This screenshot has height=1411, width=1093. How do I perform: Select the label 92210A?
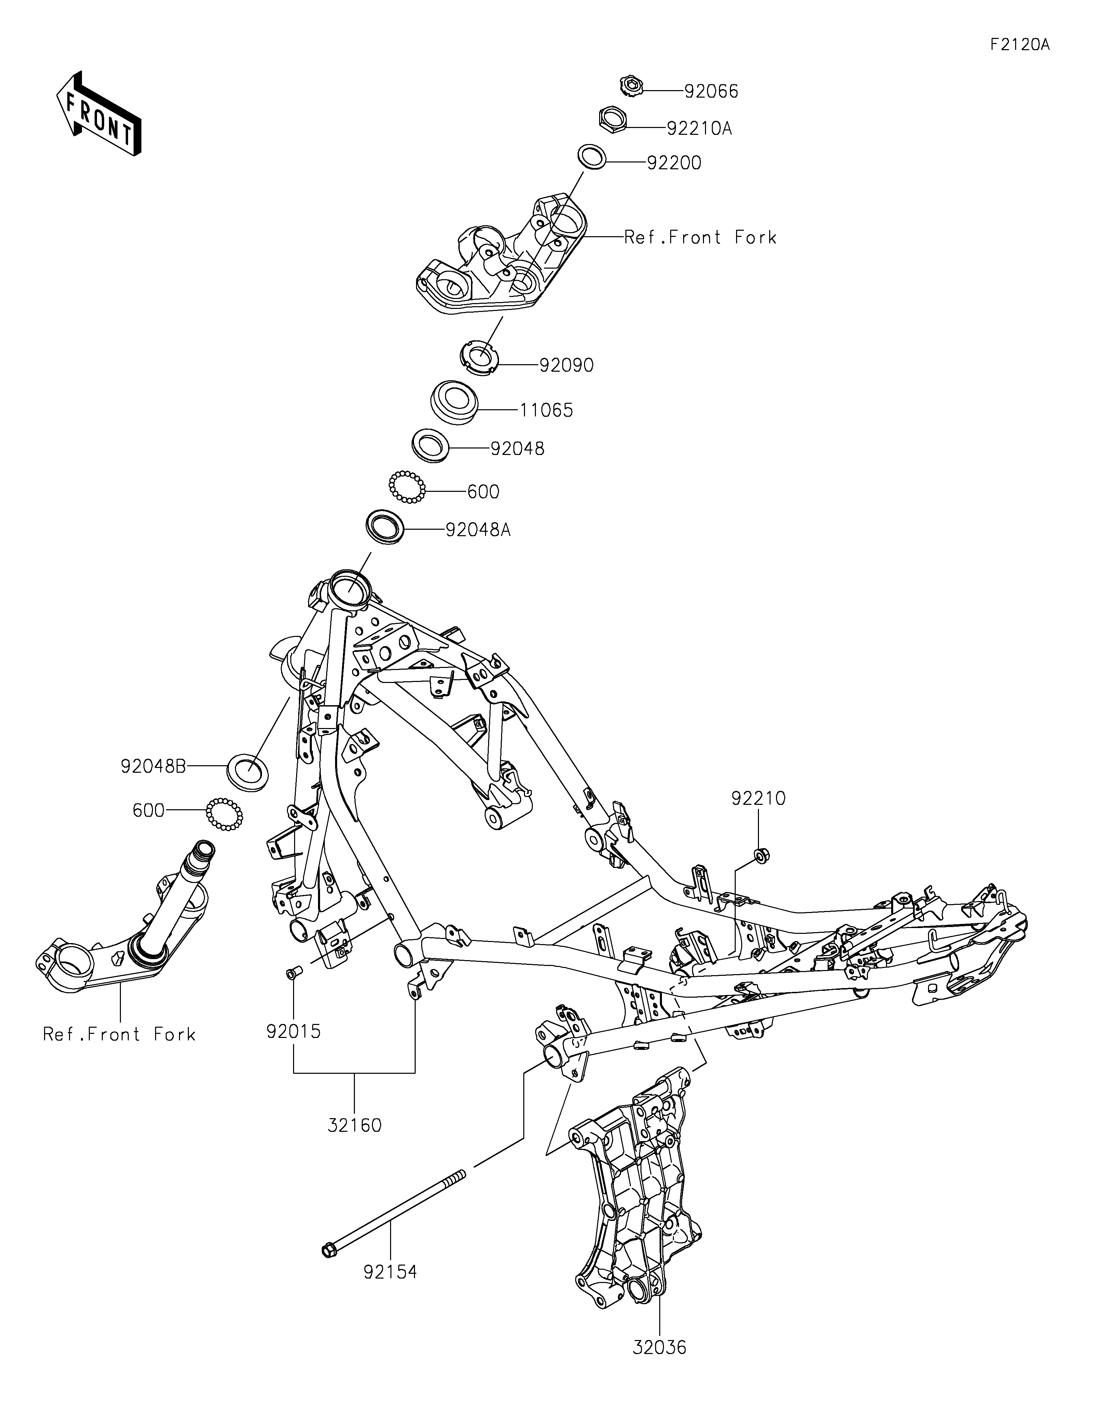tap(700, 129)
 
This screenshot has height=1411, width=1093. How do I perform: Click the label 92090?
tap(566, 366)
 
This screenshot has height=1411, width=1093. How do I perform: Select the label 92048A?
tap(478, 530)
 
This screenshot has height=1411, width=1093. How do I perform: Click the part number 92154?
tap(390, 1272)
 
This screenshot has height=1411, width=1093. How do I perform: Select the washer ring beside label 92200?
tap(592, 157)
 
